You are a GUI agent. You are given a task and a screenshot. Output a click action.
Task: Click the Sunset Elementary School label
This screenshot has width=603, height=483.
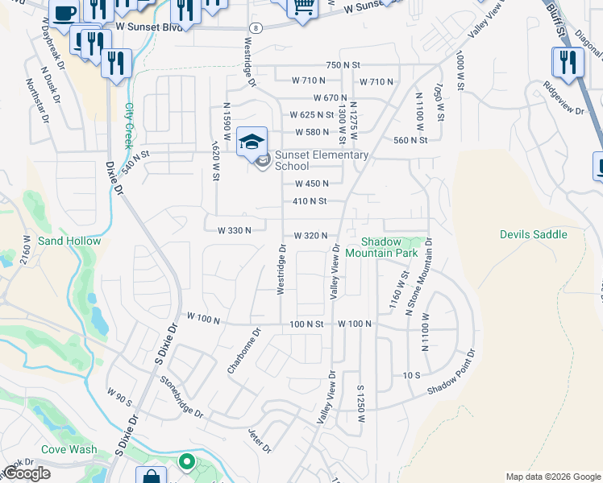(x=321, y=161)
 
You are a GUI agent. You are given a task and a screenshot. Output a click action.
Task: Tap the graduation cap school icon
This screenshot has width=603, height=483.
(x=252, y=142)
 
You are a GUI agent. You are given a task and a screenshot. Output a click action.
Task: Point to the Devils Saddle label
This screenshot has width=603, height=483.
(x=533, y=234)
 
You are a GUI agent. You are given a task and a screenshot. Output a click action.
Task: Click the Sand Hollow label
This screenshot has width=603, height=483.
(x=69, y=241)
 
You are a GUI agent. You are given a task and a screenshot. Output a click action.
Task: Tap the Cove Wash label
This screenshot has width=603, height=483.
(x=71, y=449)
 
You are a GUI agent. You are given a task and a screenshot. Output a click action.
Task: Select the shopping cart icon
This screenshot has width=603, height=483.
(x=302, y=6)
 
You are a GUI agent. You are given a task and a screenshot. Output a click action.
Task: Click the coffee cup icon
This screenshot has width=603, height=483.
(x=64, y=12)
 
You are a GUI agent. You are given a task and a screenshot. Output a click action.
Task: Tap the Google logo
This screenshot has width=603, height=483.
(x=27, y=473)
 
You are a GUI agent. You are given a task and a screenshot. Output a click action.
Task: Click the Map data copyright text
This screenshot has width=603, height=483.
(x=552, y=476)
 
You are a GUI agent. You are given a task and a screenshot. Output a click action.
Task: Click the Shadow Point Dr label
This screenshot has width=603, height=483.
(x=452, y=372)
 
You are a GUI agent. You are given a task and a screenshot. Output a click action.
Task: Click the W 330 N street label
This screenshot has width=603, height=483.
(x=235, y=230)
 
